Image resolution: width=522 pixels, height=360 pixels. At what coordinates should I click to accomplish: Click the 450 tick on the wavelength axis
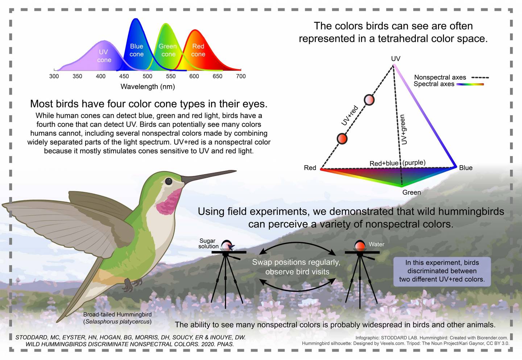coord(124,76)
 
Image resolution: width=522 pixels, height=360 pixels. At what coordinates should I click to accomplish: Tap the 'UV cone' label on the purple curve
coord(104,56)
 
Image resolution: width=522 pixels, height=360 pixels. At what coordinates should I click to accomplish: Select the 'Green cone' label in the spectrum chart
coord(167,50)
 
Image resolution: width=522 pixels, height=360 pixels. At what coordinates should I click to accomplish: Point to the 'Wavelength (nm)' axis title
coord(148,87)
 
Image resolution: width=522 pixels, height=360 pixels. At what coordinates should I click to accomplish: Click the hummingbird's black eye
coord(169,181)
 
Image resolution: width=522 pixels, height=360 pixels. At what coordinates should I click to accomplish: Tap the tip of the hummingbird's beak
coord(236,171)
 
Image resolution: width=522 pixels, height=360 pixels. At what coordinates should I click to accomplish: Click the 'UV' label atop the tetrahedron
coord(395,59)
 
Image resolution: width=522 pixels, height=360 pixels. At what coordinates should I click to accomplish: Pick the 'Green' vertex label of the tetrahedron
coord(411,192)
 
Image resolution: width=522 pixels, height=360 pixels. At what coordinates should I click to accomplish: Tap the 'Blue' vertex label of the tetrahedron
coord(465,168)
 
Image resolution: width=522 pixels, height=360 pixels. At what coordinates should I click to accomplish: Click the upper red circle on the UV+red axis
coord(369,100)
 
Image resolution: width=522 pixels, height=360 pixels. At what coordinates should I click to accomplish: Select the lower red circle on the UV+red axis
coord(342,138)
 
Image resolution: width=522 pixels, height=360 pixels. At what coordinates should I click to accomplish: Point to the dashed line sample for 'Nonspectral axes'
coord(480,78)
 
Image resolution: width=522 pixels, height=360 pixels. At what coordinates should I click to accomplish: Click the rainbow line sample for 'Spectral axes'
coord(470,84)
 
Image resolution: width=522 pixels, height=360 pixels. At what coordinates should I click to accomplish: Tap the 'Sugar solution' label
coord(208,243)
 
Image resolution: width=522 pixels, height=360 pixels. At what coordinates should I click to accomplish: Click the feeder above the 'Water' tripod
coord(360,246)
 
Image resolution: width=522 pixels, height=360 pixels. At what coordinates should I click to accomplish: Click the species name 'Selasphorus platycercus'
coord(117,322)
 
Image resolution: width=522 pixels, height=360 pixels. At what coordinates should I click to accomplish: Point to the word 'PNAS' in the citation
coord(226,344)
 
